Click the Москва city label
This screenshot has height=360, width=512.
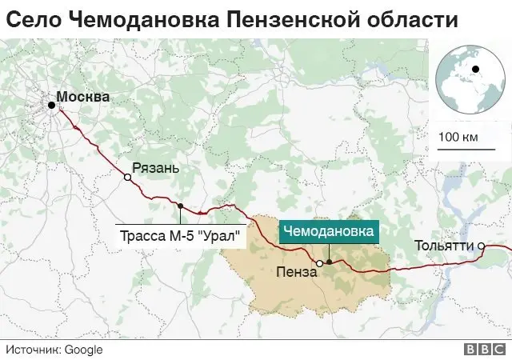[x=84, y=97]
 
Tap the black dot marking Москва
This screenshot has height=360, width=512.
[x=51, y=105]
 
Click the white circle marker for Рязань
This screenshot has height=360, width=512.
[x=127, y=177]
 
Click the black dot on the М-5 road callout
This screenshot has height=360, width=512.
[x=181, y=206]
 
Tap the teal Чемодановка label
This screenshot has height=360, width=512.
[x=329, y=231]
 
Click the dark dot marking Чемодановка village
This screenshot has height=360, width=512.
[x=329, y=262]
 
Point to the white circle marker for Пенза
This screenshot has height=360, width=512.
[x=318, y=262]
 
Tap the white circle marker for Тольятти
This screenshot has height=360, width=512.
[x=482, y=245]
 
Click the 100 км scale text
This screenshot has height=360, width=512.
[x=458, y=137]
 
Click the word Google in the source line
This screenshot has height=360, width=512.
[x=83, y=350]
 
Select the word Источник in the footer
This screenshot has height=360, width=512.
[x=33, y=350]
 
